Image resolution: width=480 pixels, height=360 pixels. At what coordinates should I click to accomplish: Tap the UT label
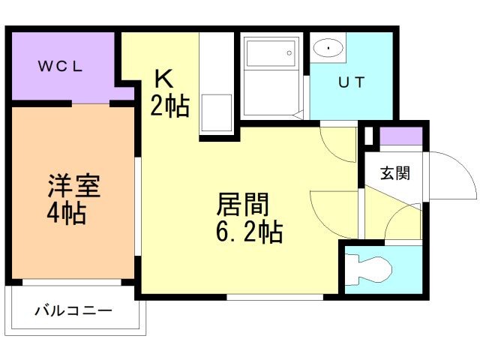[350, 83]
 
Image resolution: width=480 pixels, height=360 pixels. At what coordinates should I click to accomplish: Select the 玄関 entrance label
[394, 173]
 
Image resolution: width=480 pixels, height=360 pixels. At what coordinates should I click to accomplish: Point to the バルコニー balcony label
[73, 310]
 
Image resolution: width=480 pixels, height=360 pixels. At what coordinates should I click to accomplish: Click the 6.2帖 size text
[249, 232]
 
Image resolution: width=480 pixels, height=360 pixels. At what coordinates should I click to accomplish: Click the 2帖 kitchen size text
[169, 107]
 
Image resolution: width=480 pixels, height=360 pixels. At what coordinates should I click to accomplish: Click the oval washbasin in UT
[329, 49]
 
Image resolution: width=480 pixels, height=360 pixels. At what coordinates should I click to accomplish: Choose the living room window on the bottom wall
[274, 297]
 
